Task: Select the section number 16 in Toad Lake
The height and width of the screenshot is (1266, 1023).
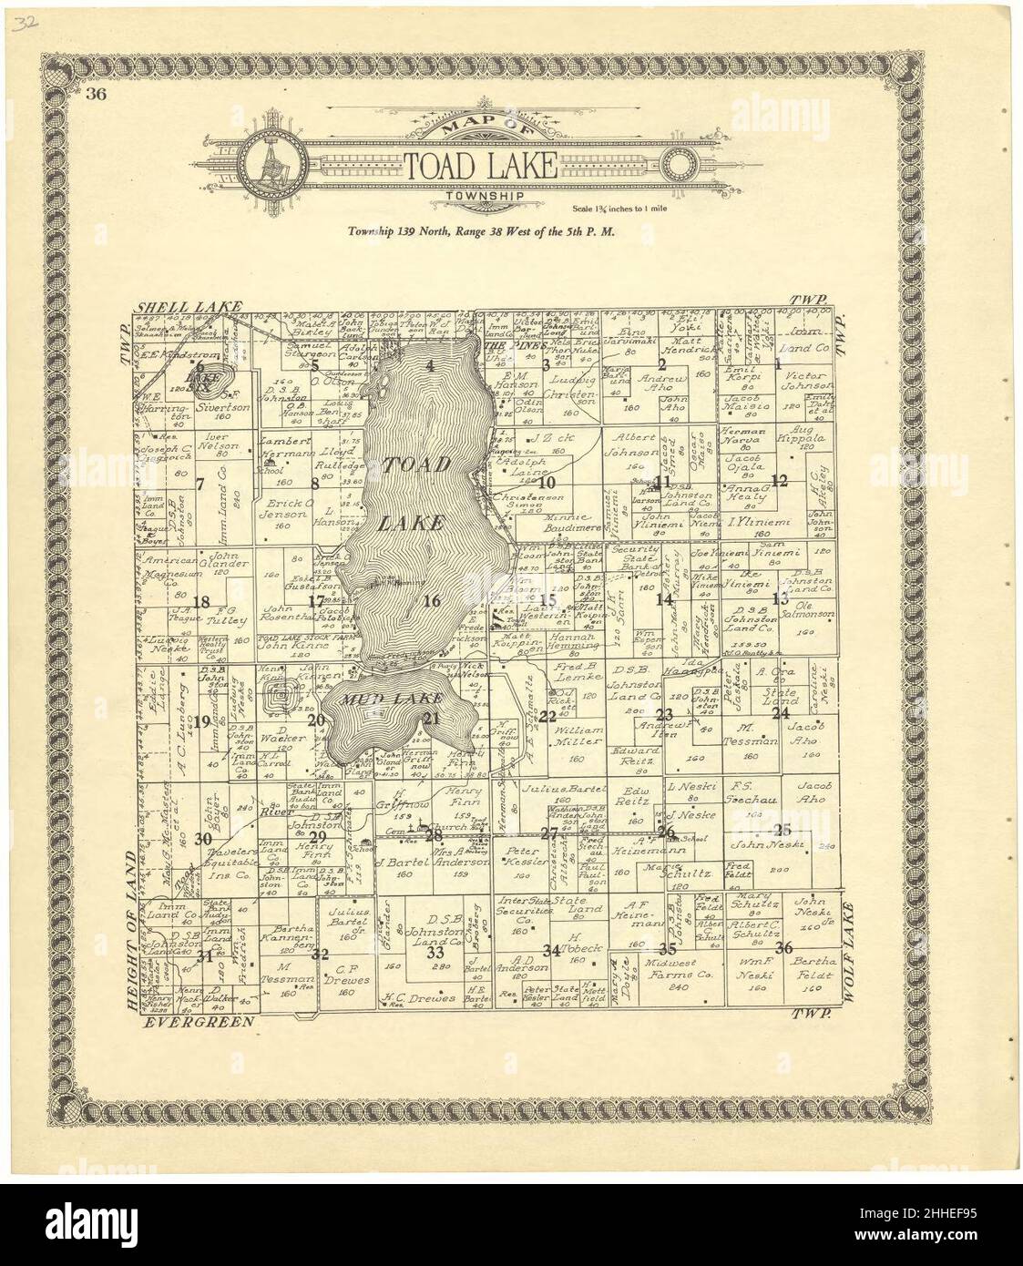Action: (x=432, y=600)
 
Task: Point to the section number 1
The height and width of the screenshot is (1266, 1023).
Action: (x=779, y=364)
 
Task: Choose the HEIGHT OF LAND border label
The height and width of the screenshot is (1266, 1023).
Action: (x=131, y=929)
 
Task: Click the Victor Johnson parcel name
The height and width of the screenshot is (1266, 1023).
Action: (x=802, y=382)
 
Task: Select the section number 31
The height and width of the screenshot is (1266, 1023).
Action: (x=209, y=955)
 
